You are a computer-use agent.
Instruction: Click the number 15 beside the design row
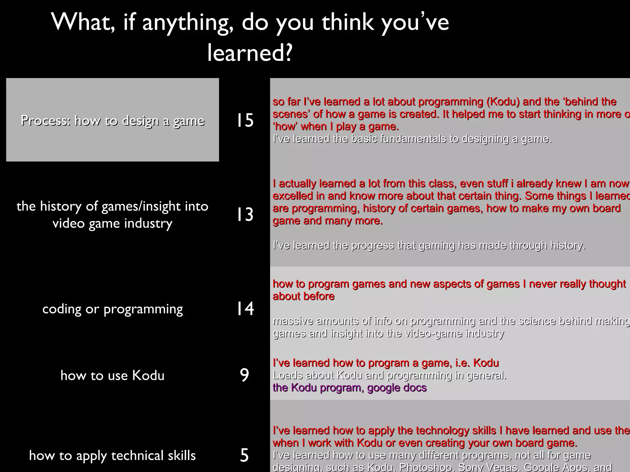tap(245, 120)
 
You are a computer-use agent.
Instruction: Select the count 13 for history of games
tap(245, 214)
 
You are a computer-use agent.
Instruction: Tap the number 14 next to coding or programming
tap(245, 309)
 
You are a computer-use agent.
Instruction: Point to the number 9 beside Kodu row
tap(244, 375)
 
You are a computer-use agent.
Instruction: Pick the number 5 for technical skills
tap(244, 455)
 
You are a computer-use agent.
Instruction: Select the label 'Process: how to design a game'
tap(113, 120)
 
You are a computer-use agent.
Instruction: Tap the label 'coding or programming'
tap(113, 309)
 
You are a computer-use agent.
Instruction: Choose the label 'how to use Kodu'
tap(113, 376)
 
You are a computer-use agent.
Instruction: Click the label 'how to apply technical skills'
tap(113, 455)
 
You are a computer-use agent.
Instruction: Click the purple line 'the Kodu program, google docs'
tap(350, 388)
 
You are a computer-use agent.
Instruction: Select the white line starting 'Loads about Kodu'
tap(389, 375)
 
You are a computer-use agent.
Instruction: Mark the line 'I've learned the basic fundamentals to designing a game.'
tap(412, 139)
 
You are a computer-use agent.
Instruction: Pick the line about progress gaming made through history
tap(429, 245)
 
